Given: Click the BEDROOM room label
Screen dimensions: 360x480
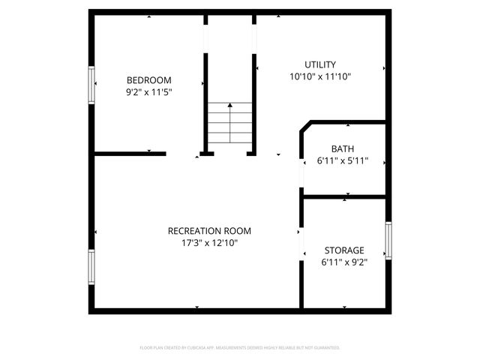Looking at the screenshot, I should pos(148,80).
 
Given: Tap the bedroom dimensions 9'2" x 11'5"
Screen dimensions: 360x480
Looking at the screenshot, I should pos(148,94).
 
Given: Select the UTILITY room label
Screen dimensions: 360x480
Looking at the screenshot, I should pos(320,64).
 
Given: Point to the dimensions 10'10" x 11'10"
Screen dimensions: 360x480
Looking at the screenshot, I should pos(320,76).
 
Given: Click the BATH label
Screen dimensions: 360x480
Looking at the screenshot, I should pos(343,149).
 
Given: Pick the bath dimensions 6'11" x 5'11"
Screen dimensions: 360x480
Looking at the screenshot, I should pos(343,161).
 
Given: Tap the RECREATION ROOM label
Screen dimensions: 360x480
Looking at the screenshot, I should pos(209,231).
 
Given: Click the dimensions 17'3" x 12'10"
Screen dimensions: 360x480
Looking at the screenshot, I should pos(209,243).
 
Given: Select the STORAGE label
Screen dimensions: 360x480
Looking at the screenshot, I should pos(344,250).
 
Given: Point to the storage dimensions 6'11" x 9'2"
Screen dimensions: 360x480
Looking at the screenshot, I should pos(344,262).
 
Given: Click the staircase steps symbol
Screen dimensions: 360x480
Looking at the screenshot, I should pos(229,124).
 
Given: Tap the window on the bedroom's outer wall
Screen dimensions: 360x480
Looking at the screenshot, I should pos(93,85).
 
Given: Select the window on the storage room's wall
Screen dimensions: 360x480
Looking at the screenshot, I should pos(388,241).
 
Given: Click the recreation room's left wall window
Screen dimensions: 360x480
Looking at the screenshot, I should pos(91,268).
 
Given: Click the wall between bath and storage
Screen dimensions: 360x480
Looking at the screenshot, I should pos(344,196).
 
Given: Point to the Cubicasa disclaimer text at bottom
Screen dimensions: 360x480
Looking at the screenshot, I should pos(240,348).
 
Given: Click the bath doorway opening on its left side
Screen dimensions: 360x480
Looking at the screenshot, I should pos(301,173).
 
